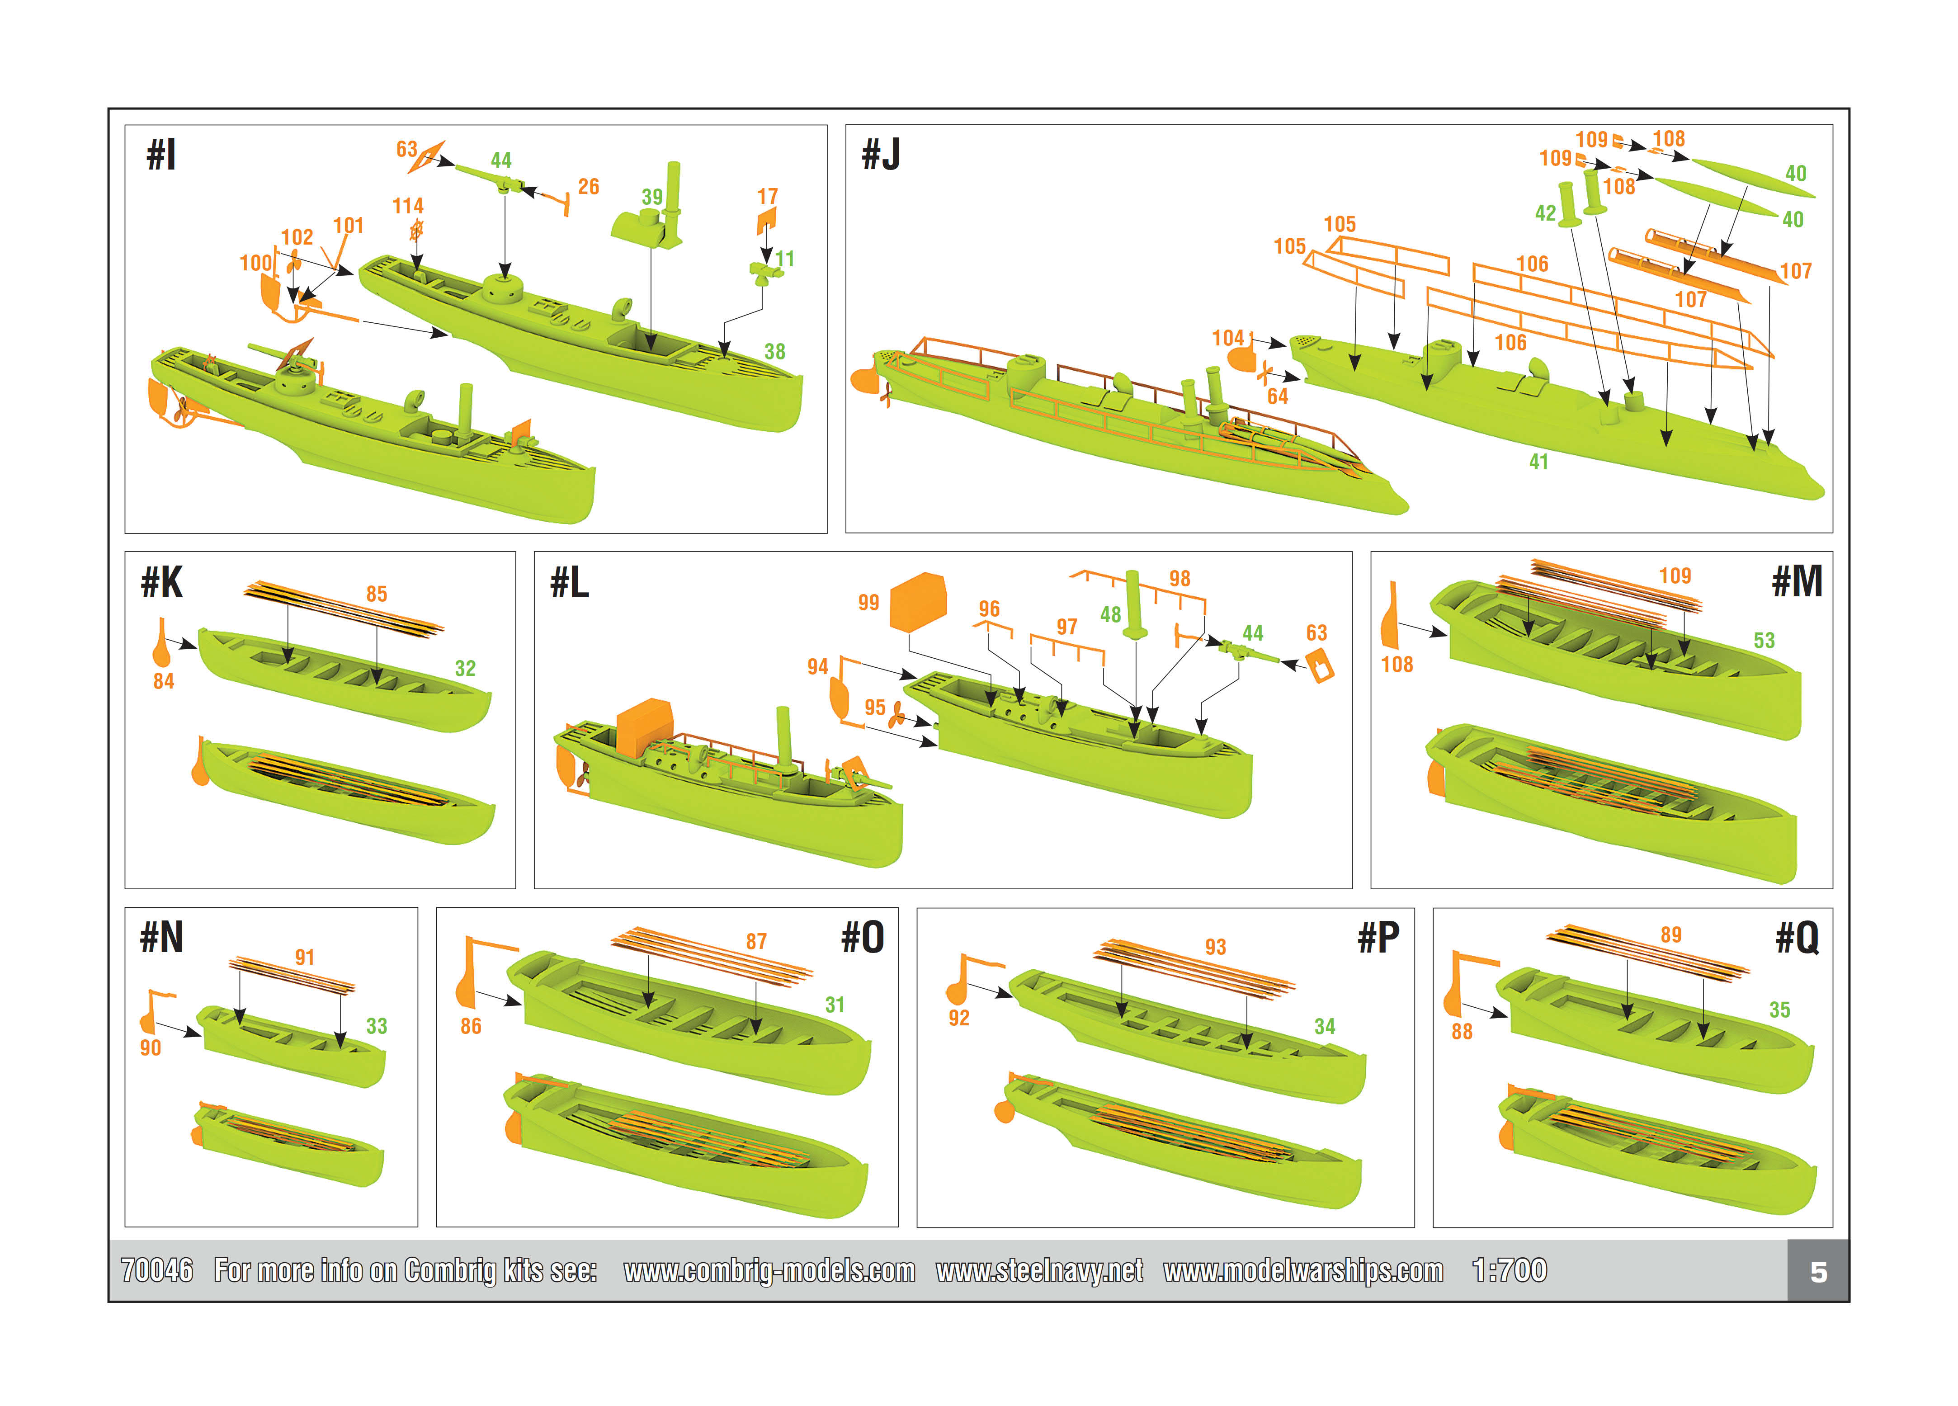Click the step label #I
pyautogui.click(x=161, y=156)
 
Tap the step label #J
pyautogui.click(x=881, y=156)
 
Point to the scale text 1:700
pyautogui.click(x=1509, y=1270)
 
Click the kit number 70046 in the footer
pyautogui.click(x=157, y=1270)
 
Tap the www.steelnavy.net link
pyautogui.click(x=1039, y=1270)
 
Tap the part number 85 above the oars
pyautogui.click(x=377, y=594)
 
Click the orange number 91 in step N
pyautogui.click(x=305, y=957)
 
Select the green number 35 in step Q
pyautogui.click(x=1779, y=1010)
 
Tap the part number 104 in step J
pyautogui.click(x=1227, y=337)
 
